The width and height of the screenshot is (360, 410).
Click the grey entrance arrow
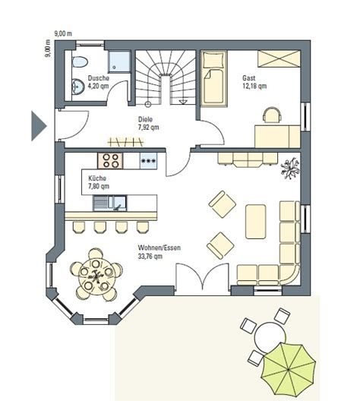point(38,126)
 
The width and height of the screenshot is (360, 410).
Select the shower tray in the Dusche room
point(119,61)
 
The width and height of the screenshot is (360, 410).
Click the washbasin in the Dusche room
point(78,87)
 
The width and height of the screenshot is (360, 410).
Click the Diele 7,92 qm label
point(148,124)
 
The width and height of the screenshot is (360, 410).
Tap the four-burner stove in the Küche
point(110,160)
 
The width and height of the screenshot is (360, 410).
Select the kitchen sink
point(109,203)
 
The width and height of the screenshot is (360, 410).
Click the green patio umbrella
point(288,369)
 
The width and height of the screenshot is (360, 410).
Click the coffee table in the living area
point(256,222)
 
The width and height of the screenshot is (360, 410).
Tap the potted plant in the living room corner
point(290,169)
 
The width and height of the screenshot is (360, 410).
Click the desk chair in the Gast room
point(272,115)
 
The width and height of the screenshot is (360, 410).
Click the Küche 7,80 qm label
point(99,182)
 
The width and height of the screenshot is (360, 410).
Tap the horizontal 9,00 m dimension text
point(63,33)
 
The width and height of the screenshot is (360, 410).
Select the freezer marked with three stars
point(148,161)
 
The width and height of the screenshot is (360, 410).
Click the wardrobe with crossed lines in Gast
point(279,58)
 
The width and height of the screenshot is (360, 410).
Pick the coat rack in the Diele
point(125,142)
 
